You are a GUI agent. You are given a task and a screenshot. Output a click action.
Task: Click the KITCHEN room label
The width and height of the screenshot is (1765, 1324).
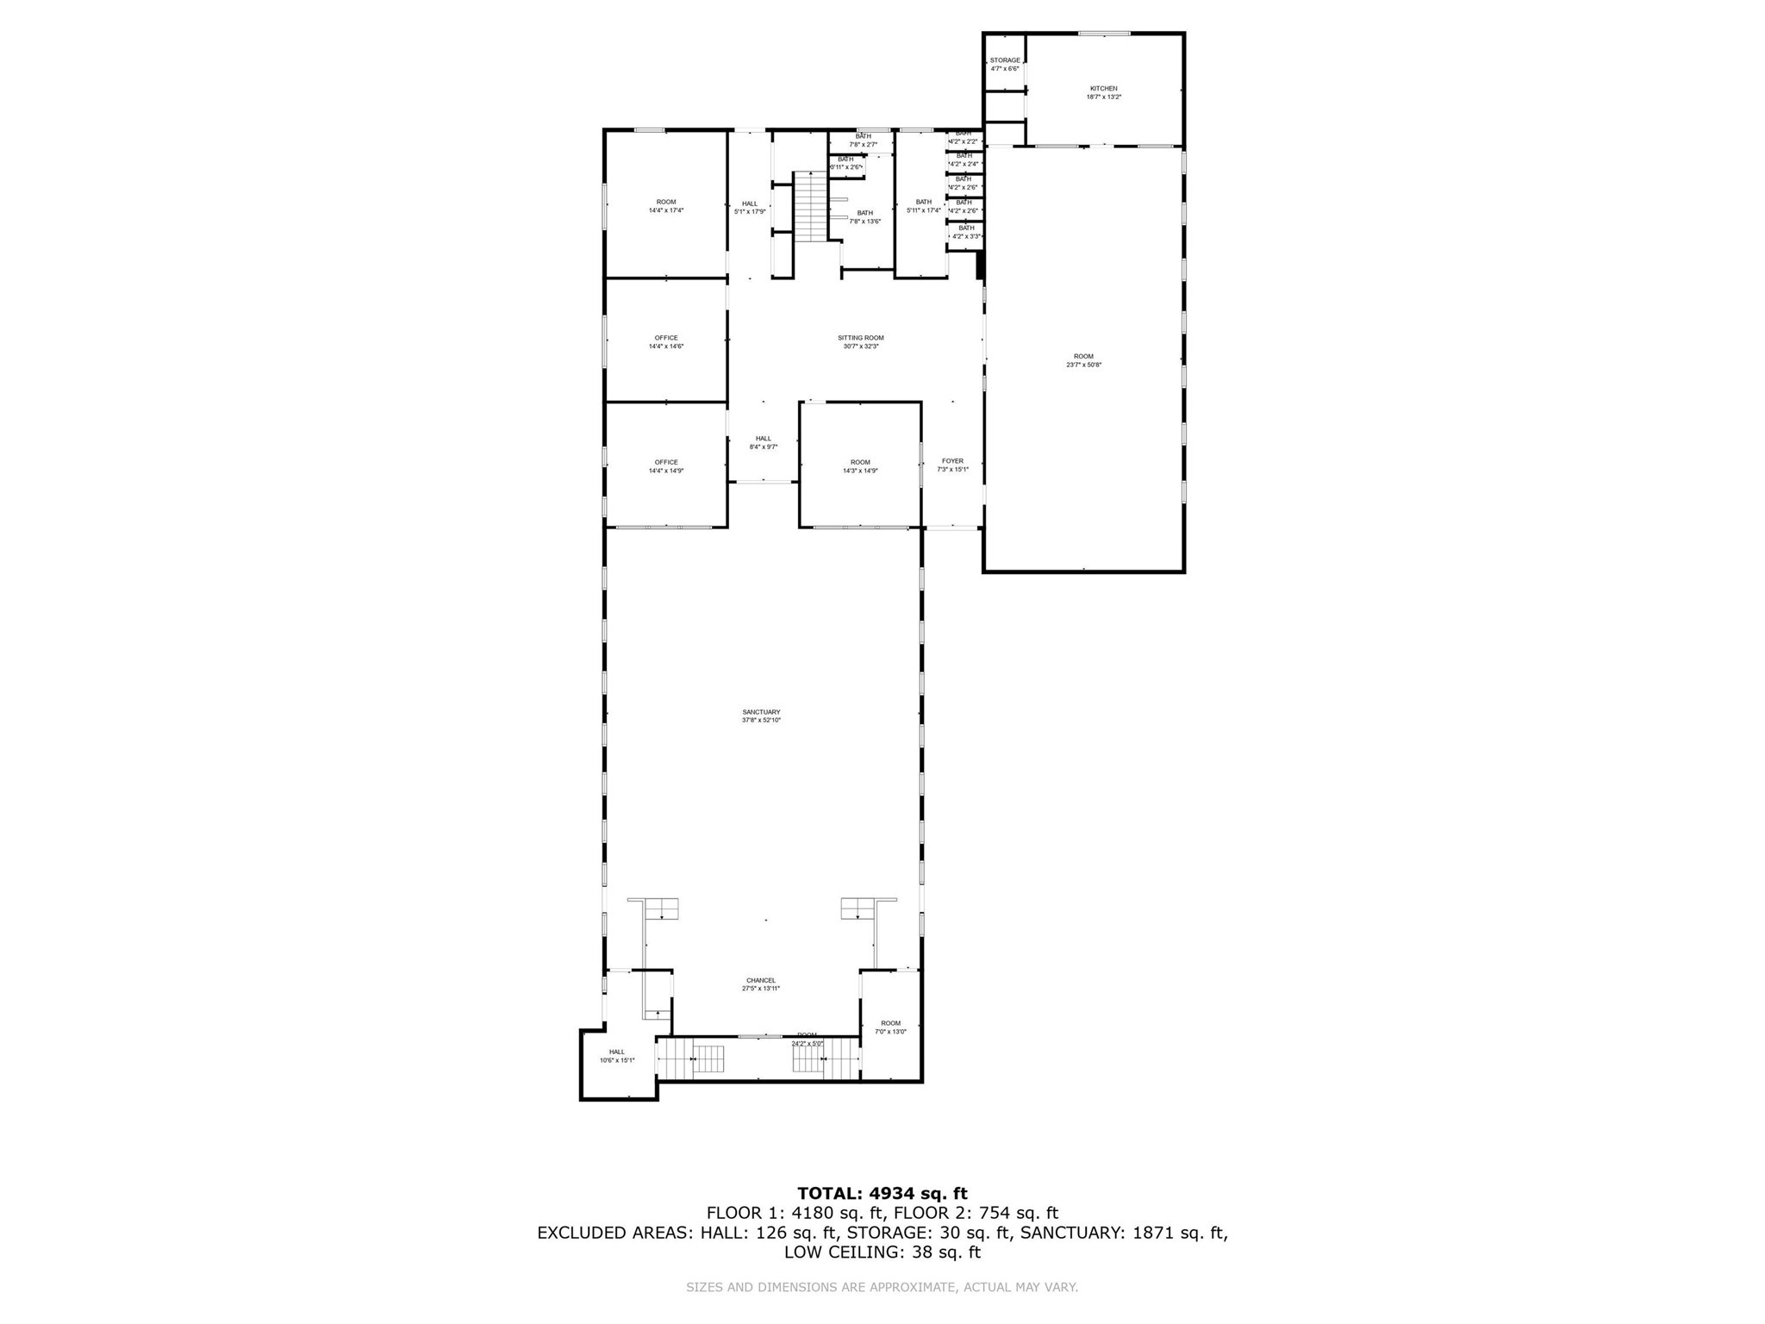click(1103, 89)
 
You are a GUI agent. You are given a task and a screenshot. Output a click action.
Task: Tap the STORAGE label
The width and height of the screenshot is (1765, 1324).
click(1004, 60)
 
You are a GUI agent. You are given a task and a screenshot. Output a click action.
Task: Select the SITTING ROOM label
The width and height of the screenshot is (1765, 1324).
click(860, 338)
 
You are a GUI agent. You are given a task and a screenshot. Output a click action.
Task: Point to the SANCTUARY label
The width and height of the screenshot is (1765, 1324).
click(761, 712)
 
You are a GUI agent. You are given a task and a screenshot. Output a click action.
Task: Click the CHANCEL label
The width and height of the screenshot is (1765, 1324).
click(761, 980)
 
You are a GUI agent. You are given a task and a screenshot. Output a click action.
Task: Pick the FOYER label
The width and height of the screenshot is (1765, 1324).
click(952, 461)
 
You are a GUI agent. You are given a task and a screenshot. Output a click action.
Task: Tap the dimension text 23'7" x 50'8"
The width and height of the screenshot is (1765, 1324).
click(1083, 365)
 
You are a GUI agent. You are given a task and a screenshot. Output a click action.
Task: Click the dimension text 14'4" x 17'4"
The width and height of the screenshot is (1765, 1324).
click(666, 210)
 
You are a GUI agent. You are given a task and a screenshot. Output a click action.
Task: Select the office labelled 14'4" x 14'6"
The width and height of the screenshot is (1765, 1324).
click(666, 341)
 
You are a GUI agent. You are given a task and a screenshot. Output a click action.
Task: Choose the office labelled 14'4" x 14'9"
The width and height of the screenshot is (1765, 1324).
click(666, 466)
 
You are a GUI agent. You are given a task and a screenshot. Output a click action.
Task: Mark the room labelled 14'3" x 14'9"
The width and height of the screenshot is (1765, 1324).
click(860, 466)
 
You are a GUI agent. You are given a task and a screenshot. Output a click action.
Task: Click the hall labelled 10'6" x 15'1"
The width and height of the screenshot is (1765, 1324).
click(617, 1055)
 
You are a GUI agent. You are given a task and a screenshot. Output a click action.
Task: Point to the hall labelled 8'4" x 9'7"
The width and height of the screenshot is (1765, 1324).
click(764, 442)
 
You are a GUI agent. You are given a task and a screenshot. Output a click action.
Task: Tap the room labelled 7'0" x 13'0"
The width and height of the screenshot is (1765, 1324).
click(890, 1027)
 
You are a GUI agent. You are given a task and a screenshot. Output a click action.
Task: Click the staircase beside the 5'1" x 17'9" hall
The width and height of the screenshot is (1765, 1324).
click(810, 207)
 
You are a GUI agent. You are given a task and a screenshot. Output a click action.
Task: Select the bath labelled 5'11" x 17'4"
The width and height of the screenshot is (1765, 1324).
click(923, 206)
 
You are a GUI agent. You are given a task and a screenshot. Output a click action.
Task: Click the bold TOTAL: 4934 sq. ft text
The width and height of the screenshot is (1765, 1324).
click(882, 1194)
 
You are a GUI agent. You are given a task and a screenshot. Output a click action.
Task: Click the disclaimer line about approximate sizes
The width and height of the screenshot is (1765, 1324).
click(882, 1288)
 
